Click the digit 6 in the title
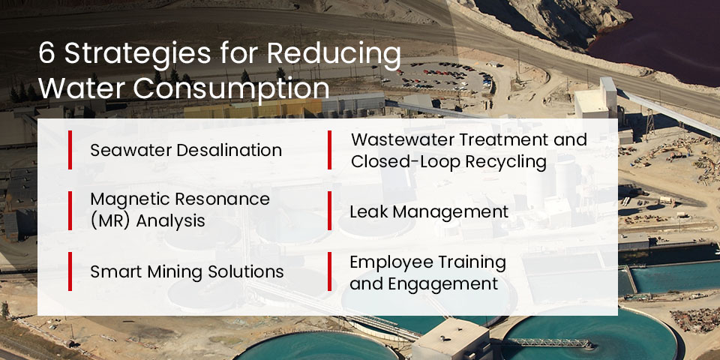46,55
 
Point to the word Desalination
229,150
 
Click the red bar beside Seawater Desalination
70,150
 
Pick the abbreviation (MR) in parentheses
112,221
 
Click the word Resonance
225,200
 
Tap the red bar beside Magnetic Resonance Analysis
70,210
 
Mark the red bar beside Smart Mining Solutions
70,271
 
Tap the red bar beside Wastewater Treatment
329,150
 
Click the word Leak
367,212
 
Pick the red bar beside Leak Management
329,211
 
